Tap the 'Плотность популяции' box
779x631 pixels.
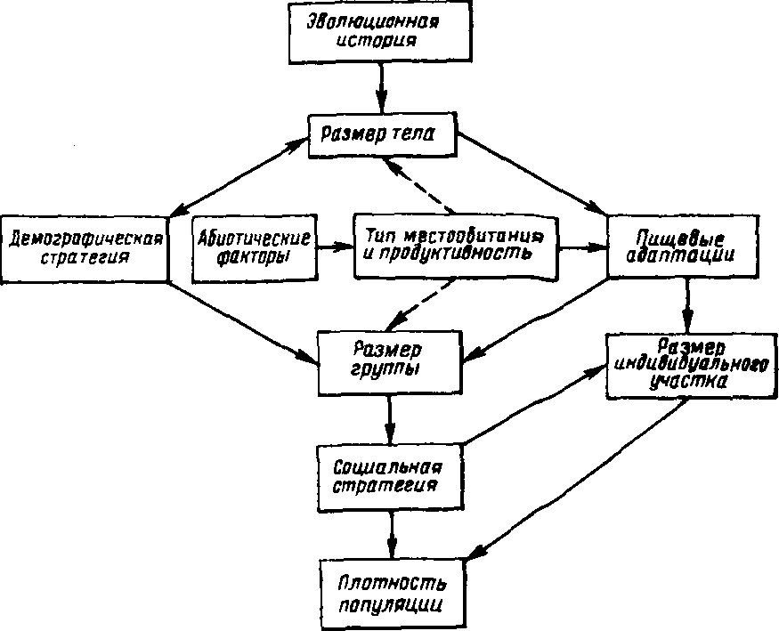392,593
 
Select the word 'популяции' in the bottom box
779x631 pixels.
391,603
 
